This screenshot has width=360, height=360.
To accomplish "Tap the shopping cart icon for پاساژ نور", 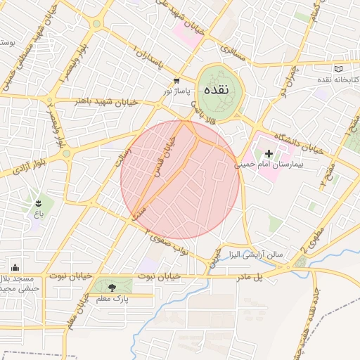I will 176,80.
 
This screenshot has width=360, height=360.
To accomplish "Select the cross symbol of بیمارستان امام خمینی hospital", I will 269,153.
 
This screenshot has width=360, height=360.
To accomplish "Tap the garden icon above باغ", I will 38,203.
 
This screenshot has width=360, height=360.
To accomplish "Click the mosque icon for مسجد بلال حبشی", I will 15,267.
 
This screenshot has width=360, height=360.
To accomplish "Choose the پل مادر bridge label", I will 268,276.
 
